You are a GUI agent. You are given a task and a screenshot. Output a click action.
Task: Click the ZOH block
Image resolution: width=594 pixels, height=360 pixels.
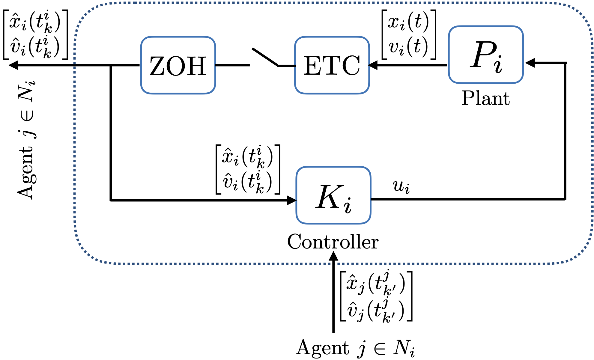[178, 65]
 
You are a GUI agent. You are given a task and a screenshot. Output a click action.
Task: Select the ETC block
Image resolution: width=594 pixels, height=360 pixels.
[332, 65]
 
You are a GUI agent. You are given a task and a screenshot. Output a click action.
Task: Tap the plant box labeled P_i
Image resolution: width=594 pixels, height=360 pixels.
[486, 55]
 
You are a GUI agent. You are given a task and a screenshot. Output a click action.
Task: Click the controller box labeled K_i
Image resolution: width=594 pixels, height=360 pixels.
[333, 195]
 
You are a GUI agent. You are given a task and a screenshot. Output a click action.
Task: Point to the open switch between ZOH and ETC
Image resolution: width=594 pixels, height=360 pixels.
[264, 57]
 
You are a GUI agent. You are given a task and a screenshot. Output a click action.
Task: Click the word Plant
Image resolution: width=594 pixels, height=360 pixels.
[485, 98]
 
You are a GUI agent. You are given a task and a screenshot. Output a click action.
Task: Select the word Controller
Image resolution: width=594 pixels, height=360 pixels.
[333, 242]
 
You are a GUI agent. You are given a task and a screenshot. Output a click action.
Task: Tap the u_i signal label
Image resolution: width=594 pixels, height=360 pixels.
[401, 187]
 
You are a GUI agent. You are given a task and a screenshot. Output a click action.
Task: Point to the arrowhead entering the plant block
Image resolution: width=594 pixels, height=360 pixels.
[530, 63]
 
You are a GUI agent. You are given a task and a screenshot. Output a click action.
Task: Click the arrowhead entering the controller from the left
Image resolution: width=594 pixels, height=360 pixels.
[291, 200]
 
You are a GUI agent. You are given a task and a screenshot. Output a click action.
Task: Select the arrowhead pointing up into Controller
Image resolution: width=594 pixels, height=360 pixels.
[333, 256]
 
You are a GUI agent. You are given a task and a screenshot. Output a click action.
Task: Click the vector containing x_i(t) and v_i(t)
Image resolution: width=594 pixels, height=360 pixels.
[408, 34]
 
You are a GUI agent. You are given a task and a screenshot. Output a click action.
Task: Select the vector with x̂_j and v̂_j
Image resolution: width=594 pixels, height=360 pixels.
[376, 296]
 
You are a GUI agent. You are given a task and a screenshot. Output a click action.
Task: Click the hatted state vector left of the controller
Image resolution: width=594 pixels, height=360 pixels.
[248, 169]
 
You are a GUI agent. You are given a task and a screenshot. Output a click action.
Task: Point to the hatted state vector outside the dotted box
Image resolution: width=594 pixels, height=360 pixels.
[35, 34]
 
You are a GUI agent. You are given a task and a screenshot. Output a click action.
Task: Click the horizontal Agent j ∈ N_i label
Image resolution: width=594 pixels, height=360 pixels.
[355, 348]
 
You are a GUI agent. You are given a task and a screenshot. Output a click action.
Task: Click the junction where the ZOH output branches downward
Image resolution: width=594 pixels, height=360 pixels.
[111, 65]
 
